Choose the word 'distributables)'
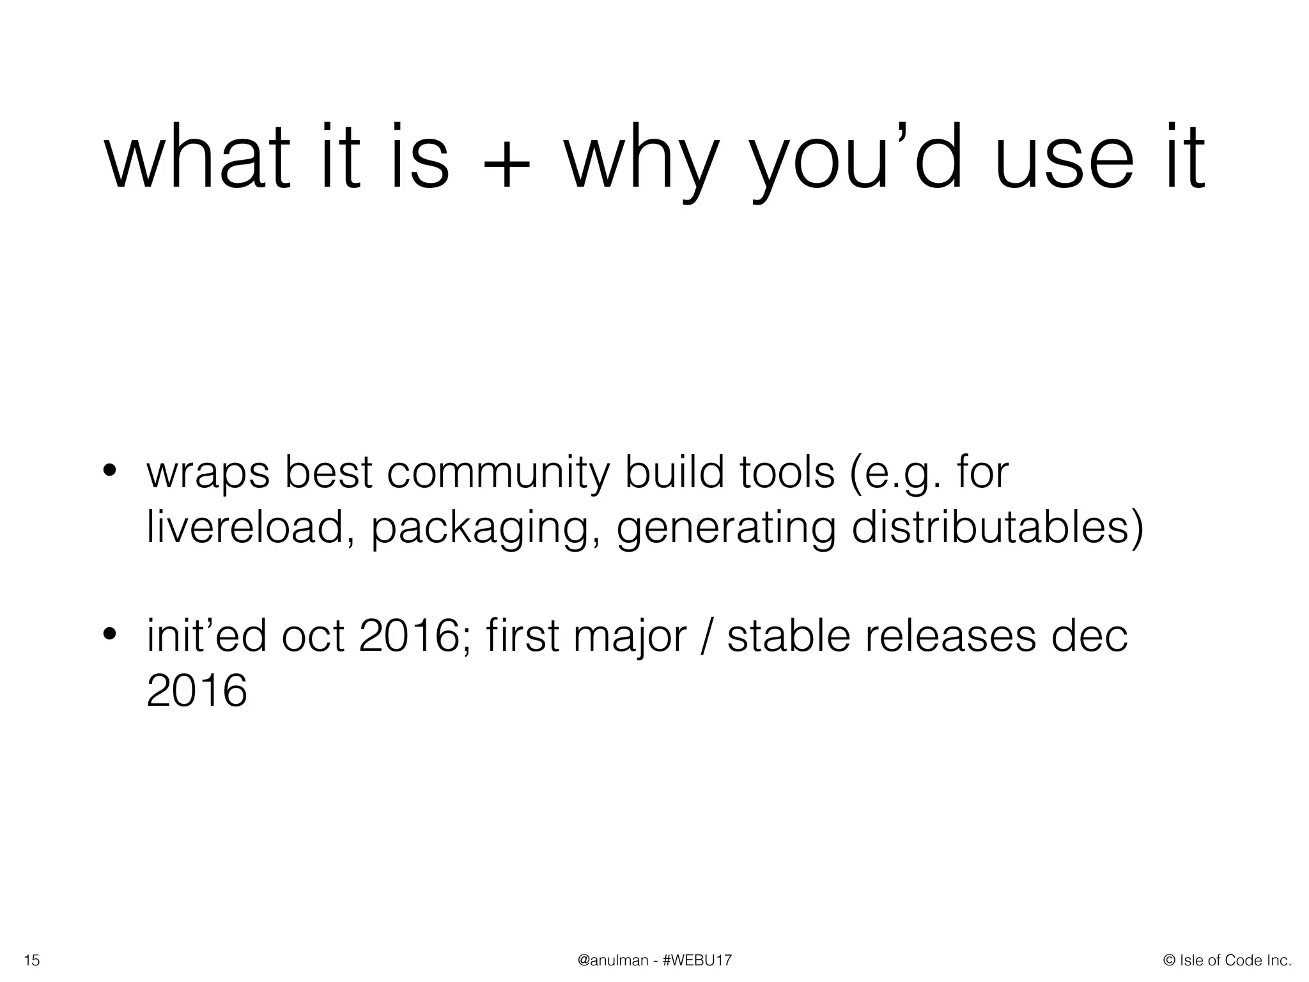click(x=997, y=529)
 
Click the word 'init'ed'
click(x=206, y=636)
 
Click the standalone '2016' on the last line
click(x=196, y=691)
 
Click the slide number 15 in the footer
click(x=31, y=960)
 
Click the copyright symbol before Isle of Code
click(x=1170, y=960)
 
